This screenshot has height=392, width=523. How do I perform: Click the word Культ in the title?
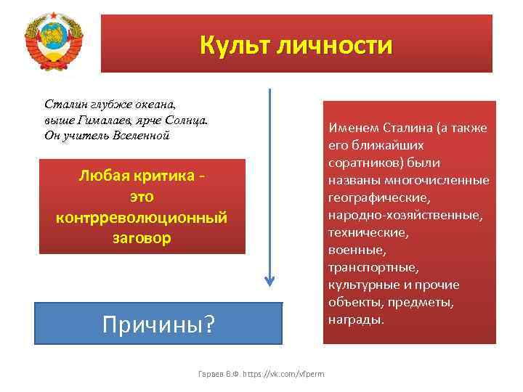(x=233, y=44)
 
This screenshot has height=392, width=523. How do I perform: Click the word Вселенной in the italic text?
(x=138, y=136)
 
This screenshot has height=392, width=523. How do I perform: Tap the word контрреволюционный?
(x=142, y=217)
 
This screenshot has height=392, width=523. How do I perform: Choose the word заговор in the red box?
(x=142, y=237)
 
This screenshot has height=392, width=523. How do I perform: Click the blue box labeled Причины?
(x=158, y=322)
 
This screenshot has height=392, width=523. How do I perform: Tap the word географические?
(x=378, y=198)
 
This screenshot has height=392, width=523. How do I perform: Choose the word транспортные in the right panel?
(x=373, y=268)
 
